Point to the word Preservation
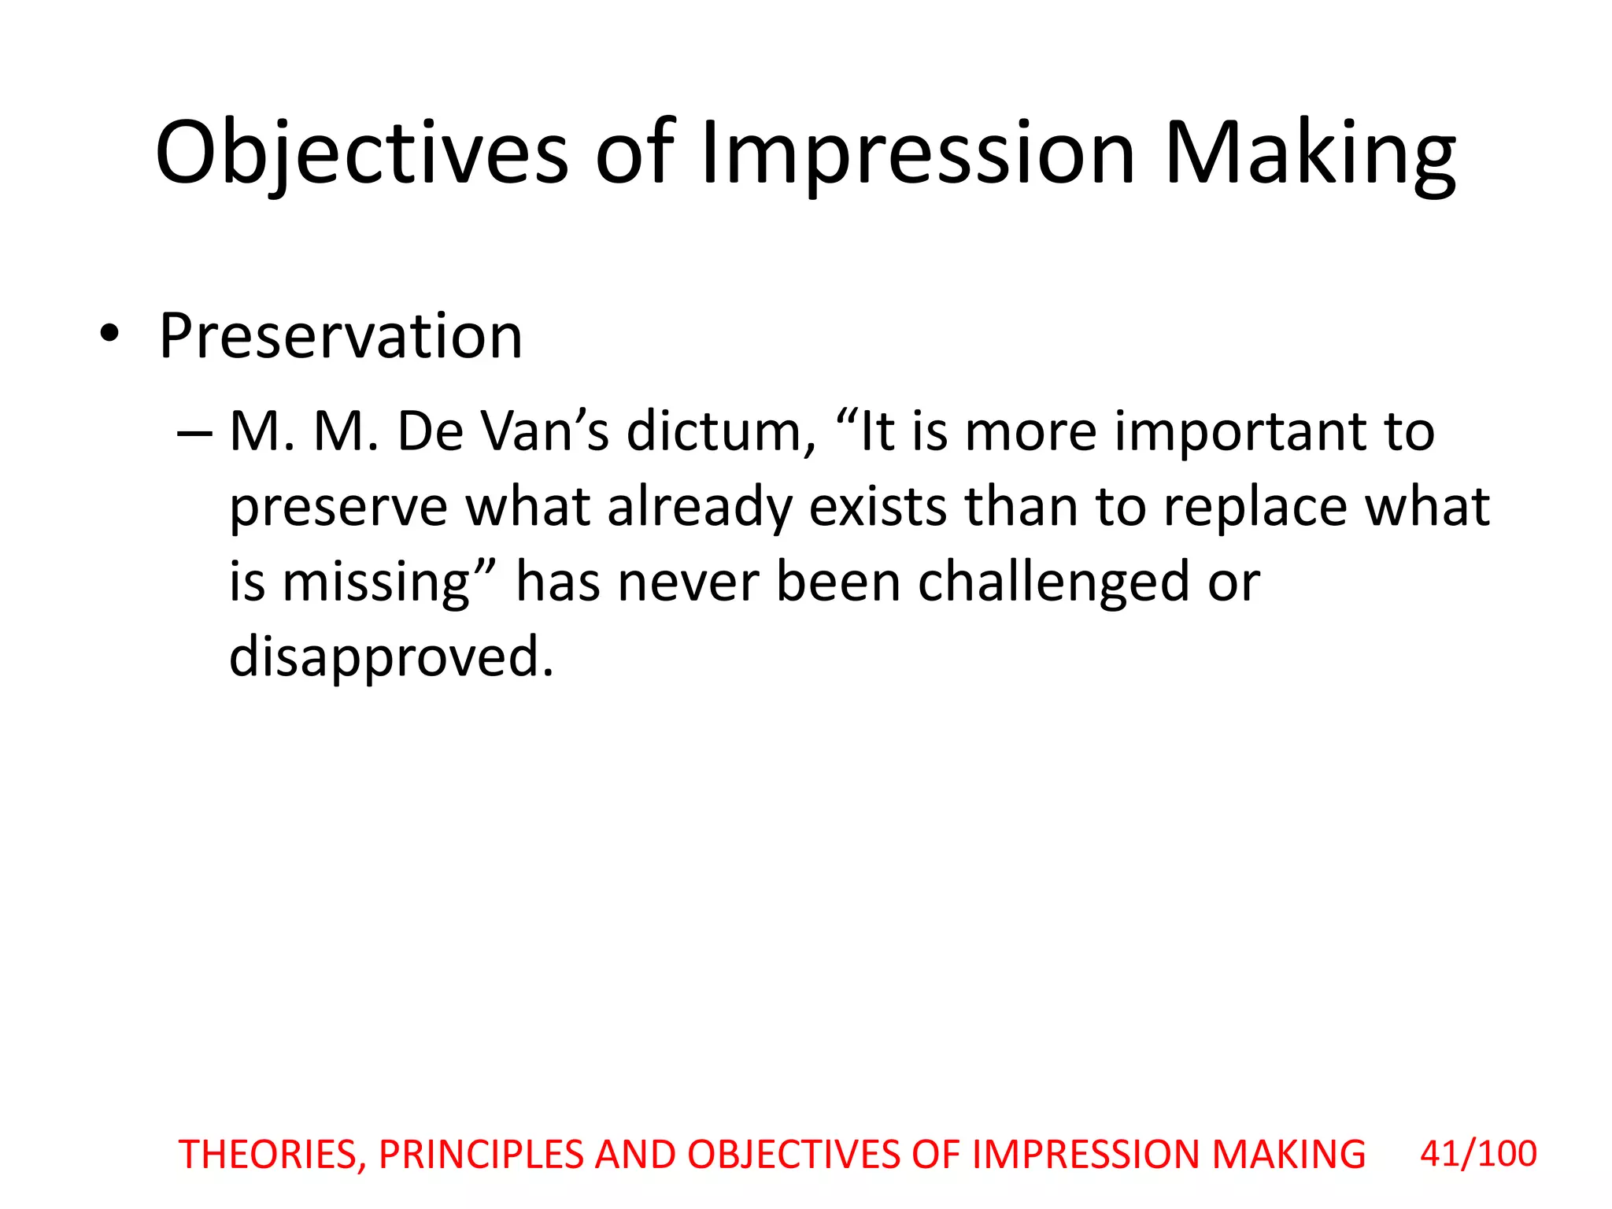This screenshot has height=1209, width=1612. pos(341,336)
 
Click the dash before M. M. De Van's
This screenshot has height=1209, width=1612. pos(194,433)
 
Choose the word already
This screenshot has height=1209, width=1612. pos(700,508)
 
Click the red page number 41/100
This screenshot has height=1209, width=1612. pos(1478,1154)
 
